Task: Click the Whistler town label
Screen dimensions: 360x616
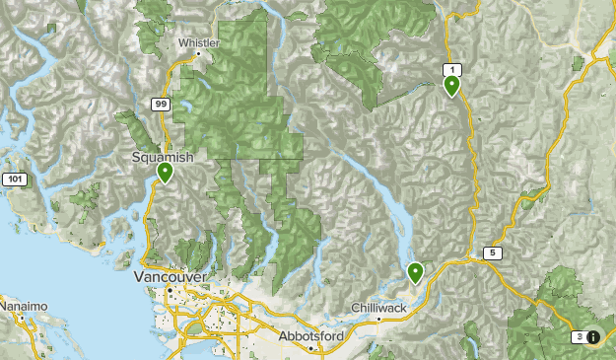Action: point(201,42)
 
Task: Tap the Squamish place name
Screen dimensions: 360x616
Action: point(164,157)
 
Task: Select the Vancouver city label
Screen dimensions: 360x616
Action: point(170,278)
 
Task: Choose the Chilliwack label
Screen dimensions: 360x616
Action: point(379,309)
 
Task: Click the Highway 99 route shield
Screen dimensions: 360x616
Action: point(161,103)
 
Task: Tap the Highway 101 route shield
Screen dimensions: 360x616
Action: point(14,180)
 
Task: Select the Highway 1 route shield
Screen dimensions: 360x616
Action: point(451,69)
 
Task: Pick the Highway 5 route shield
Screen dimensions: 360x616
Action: point(493,253)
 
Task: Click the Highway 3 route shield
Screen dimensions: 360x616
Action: point(578,337)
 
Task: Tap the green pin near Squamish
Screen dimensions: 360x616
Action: point(165,173)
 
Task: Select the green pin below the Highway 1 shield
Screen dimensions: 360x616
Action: point(451,86)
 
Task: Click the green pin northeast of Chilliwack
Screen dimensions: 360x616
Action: point(416,271)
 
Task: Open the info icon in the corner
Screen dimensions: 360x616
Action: point(594,337)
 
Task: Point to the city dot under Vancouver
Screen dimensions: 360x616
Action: point(169,291)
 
